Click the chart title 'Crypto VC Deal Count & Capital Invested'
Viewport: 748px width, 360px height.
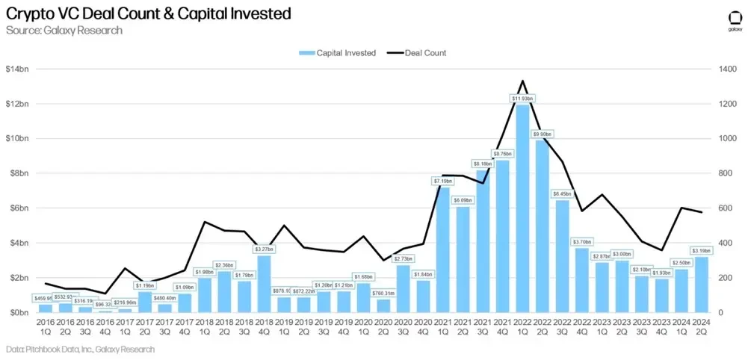pos(148,14)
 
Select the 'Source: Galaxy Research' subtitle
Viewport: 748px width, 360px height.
pos(64,31)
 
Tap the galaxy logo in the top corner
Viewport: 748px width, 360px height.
pos(734,21)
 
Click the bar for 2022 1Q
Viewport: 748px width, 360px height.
pos(522,209)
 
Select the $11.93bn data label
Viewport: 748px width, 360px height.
pos(522,99)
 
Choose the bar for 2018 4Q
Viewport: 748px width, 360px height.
pos(264,285)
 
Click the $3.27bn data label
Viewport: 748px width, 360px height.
pos(264,249)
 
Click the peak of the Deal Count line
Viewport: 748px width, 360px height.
pos(522,81)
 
